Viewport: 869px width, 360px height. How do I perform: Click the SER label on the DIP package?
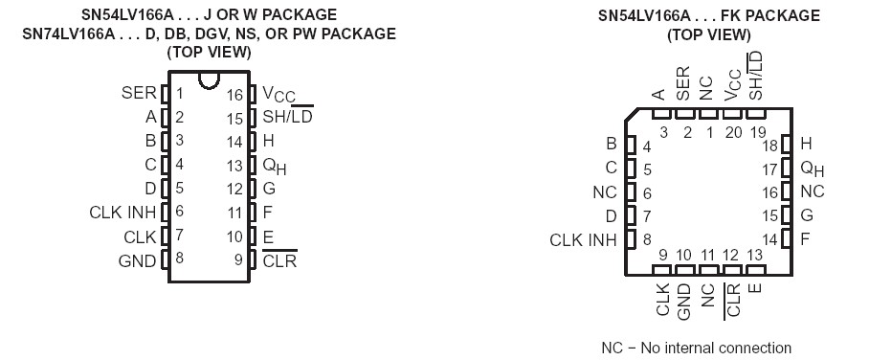[139, 94]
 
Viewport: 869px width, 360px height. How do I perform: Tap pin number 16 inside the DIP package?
[235, 95]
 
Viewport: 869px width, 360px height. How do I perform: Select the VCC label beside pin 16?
[279, 95]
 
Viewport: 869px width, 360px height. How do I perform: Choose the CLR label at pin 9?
[279, 259]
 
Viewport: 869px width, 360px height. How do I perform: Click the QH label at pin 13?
[274, 165]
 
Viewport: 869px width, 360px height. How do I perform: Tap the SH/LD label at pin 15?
[287, 118]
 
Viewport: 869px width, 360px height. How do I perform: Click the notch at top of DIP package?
[208, 81]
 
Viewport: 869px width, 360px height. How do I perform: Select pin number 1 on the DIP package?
[180, 94]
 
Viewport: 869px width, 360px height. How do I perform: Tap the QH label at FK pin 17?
[812, 169]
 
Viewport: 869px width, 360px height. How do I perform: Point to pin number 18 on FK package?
[769, 145]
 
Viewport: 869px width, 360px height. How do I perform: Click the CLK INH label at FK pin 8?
[584, 239]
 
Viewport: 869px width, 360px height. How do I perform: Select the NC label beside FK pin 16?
[812, 191]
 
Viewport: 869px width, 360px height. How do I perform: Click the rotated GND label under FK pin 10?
[684, 301]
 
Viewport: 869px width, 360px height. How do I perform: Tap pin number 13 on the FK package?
[754, 254]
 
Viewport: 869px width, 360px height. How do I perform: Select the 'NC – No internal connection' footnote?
[696, 348]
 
